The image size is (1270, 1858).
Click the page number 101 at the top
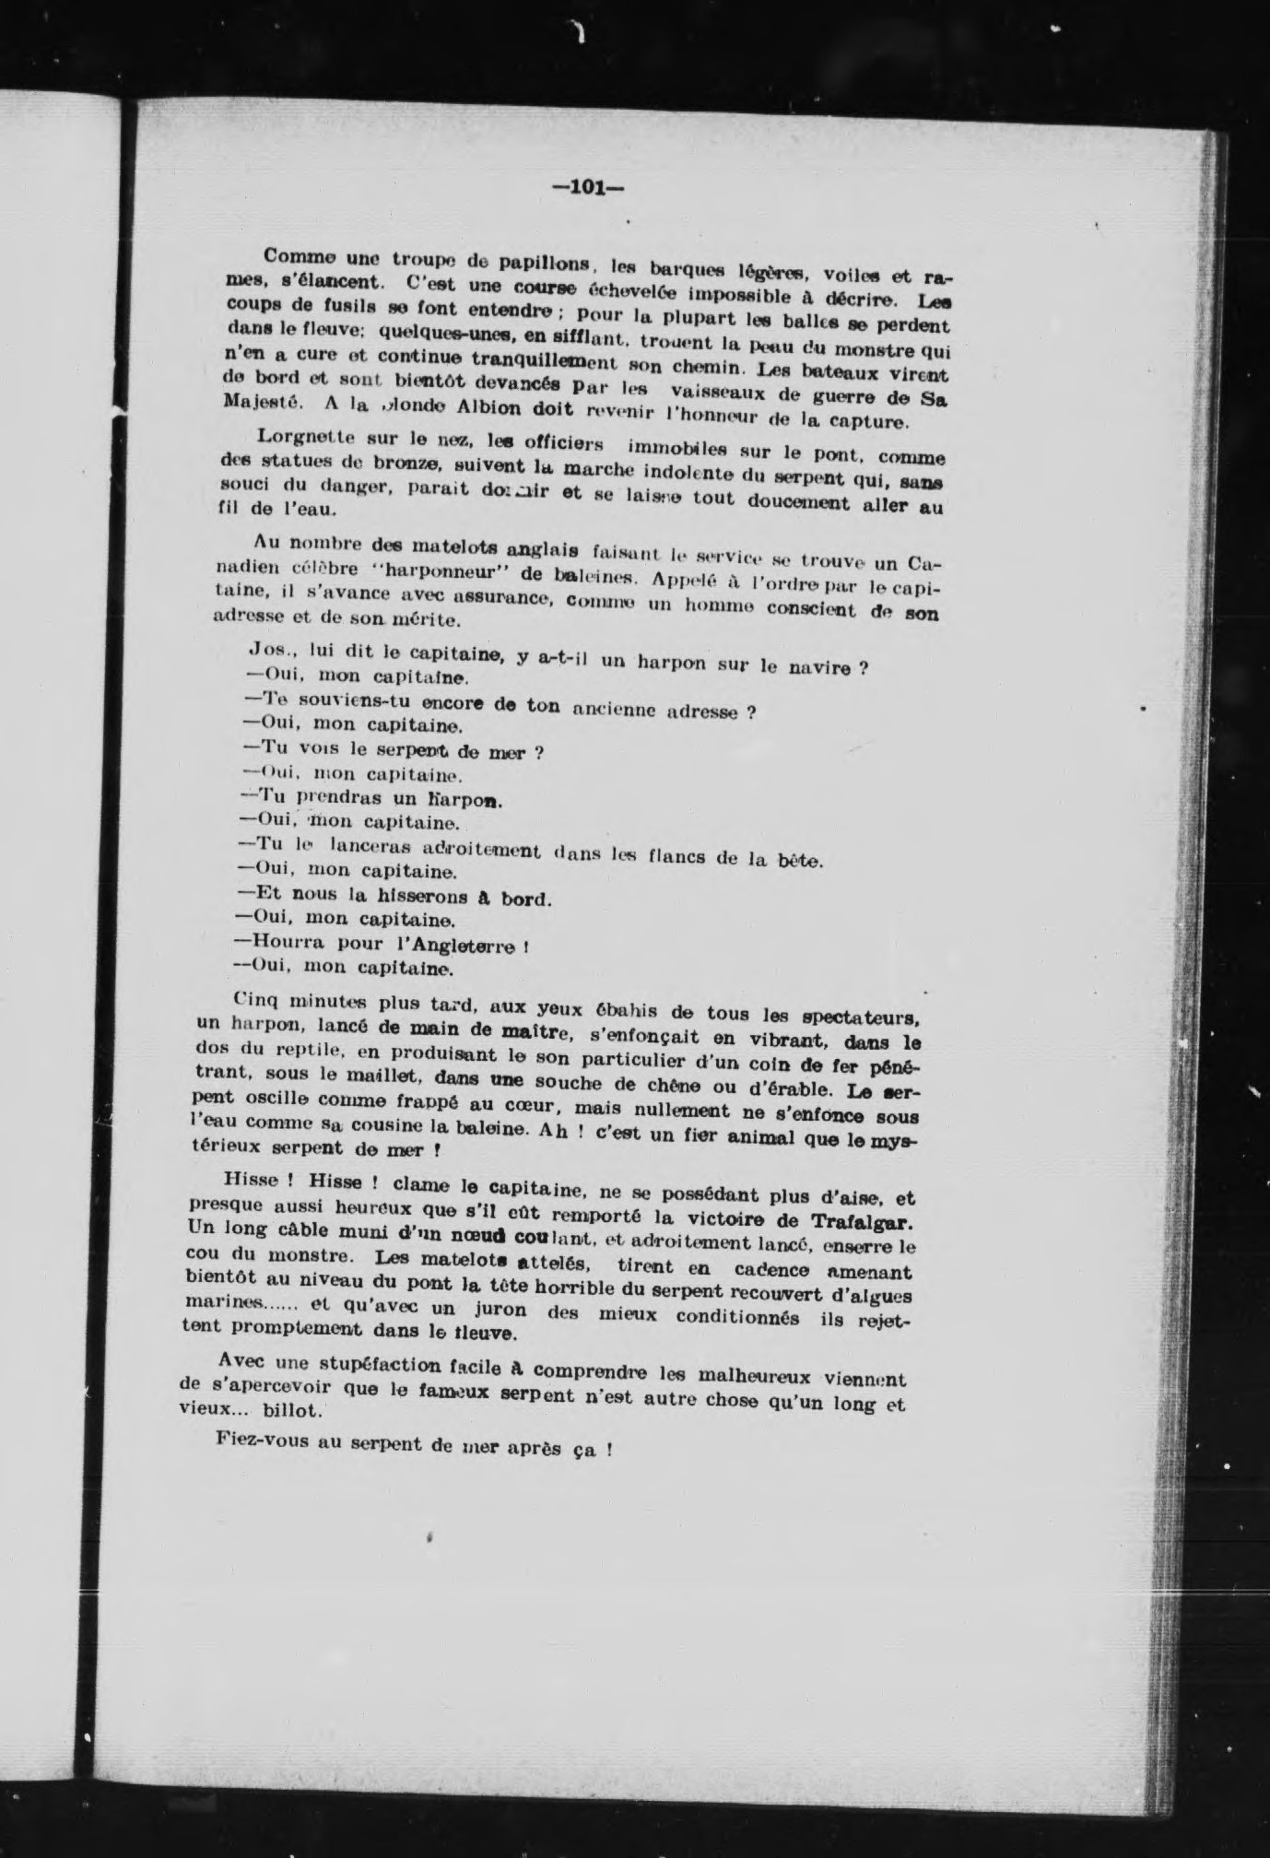point(588,187)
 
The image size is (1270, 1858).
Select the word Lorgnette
point(299,439)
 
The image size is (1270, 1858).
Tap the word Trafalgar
point(867,1222)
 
